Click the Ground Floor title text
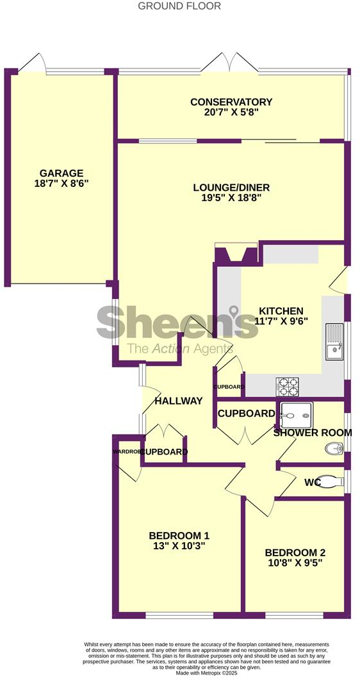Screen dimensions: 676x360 point(180,6)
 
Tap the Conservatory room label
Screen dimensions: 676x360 point(231,102)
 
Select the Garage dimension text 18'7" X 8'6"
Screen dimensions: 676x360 point(61,184)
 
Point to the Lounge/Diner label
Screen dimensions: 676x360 point(231,188)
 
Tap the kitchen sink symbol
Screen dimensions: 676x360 point(334,342)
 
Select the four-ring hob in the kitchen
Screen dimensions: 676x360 point(288,387)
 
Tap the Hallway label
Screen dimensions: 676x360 point(179,401)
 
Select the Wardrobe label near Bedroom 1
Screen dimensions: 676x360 point(126,452)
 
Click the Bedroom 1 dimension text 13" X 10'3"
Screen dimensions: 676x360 point(179,547)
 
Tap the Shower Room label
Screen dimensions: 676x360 point(313,433)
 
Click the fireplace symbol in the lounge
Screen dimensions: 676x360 point(236,254)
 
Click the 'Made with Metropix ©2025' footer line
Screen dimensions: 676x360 point(180,672)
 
